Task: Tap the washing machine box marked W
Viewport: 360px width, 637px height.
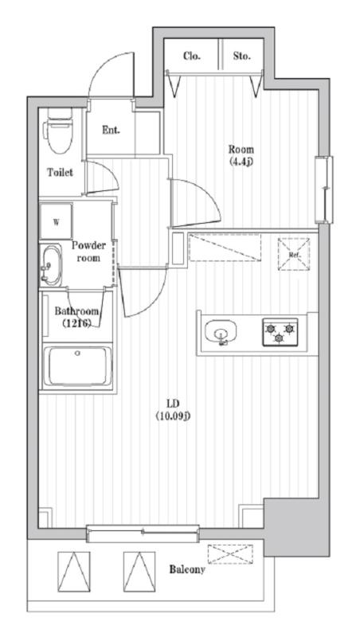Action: click(56, 222)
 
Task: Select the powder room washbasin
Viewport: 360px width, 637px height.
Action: click(51, 265)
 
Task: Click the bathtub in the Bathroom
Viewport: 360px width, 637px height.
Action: click(77, 366)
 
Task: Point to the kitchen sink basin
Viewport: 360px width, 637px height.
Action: click(221, 332)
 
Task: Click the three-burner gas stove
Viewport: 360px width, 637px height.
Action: click(280, 331)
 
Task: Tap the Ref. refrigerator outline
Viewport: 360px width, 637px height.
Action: click(293, 254)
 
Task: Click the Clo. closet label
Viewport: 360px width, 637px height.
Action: click(192, 56)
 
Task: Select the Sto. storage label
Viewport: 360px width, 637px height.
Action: click(242, 56)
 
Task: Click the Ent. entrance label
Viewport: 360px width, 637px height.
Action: click(111, 131)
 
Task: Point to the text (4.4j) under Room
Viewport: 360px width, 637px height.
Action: click(241, 162)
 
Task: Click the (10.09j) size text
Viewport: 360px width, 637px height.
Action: click(173, 416)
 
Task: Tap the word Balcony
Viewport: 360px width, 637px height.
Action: click(187, 569)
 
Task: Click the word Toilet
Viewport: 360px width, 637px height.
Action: click(61, 172)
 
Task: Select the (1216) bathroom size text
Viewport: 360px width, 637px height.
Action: click(76, 323)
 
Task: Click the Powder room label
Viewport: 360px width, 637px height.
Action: click(88, 252)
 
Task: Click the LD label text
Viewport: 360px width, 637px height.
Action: click(173, 404)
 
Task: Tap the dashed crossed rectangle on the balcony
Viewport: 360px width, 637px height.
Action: click(230, 553)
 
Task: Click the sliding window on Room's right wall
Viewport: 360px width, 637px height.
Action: click(324, 190)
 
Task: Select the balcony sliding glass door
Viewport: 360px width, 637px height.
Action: click(143, 533)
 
